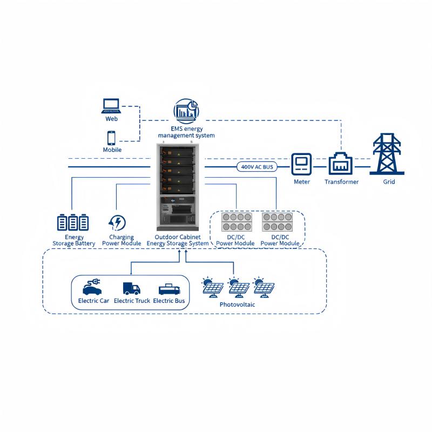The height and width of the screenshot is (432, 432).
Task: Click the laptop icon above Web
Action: pyautogui.click(x=111, y=105)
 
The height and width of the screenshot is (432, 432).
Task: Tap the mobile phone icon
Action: pyautogui.click(x=111, y=137)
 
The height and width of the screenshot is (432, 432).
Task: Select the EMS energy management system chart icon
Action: pyautogui.click(x=186, y=111)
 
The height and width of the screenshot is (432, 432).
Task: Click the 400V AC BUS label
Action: pyautogui.click(x=257, y=167)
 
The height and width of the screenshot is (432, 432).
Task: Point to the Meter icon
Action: pyautogui.click(x=302, y=164)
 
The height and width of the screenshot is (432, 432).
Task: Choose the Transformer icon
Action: pyautogui.click(x=341, y=163)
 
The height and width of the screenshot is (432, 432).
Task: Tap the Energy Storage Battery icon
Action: pyautogui.click(x=73, y=222)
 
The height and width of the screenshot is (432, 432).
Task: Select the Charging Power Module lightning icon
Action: pyautogui.click(x=117, y=222)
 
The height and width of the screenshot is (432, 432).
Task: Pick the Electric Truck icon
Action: pyautogui.click(x=131, y=289)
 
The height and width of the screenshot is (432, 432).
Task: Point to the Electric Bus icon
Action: pyautogui.click(x=169, y=289)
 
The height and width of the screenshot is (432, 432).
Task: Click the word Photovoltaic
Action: pyautogui.click(x=237, y=305)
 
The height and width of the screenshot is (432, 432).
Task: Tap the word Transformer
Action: pyautogui.click(x=341, y=182)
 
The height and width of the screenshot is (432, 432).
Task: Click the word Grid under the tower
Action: pyautogui.click(x=389, y=182)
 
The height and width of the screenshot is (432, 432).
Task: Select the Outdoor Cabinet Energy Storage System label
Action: pyautogui.click(x=178, y=240)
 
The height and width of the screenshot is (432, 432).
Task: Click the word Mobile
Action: pyautogui.click(x=112, y=150)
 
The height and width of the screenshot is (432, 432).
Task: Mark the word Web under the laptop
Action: pyautogui.click(x=112, y=119)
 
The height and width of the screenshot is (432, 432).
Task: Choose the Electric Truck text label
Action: pyautogui.click(x=132, y=301)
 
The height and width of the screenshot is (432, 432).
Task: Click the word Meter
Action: pyautogui.click(x=302, y=182)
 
